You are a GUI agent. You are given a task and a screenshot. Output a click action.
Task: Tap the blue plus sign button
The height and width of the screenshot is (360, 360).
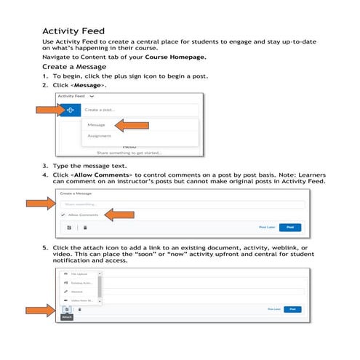pos(70,111)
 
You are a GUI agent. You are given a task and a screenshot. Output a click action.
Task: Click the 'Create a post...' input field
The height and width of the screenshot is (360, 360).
pos(138,111)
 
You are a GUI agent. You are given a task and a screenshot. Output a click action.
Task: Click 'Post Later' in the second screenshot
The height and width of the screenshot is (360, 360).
pos(266,228)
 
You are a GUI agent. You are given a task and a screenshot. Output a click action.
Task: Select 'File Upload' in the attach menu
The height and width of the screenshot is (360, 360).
pos(79,273)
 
